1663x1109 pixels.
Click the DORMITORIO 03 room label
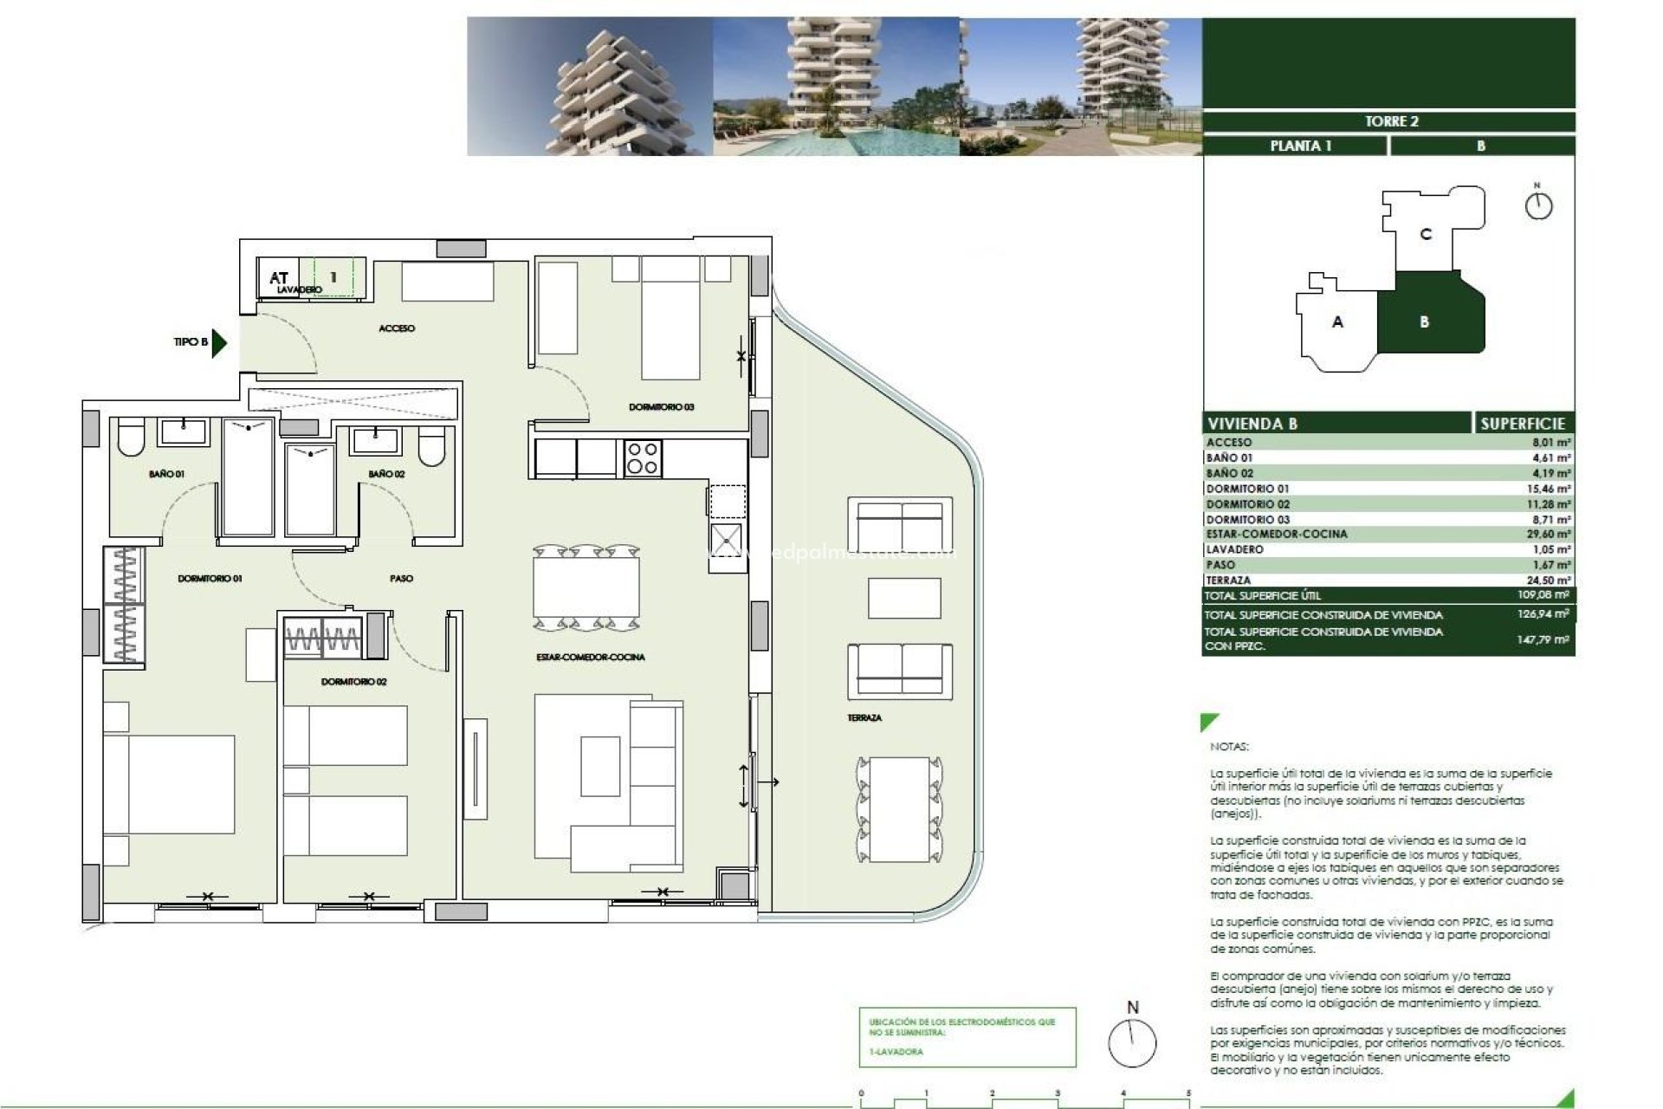click(x=661, y=407)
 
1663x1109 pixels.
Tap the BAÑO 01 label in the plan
click(x=166, y=474)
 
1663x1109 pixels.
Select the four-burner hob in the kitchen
click(x=643, y=458)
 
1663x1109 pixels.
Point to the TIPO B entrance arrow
click(x=218, y=342)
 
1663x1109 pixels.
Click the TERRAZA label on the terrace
click(x=864, y=718)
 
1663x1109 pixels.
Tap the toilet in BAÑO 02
click(x=431, y=447)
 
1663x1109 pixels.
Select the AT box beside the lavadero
click(x=278, y=277)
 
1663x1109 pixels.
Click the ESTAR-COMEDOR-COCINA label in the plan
click(x=590, y=658)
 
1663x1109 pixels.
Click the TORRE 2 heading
click(x=1391, y=121)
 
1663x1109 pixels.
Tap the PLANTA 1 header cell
click(x=1300, y=146)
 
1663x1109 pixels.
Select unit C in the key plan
click(x=1426, y=234)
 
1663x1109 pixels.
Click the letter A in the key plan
click(x=1337, y=322)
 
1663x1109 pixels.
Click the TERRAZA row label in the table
click(x=1228, y=580)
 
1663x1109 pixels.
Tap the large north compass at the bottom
click(x=1132, y=1042)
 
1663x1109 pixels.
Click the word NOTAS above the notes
click(x=1229, y=746)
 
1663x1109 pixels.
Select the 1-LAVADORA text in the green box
click(x=896, y=1052)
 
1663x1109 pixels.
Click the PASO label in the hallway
click(x=401, y=578)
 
